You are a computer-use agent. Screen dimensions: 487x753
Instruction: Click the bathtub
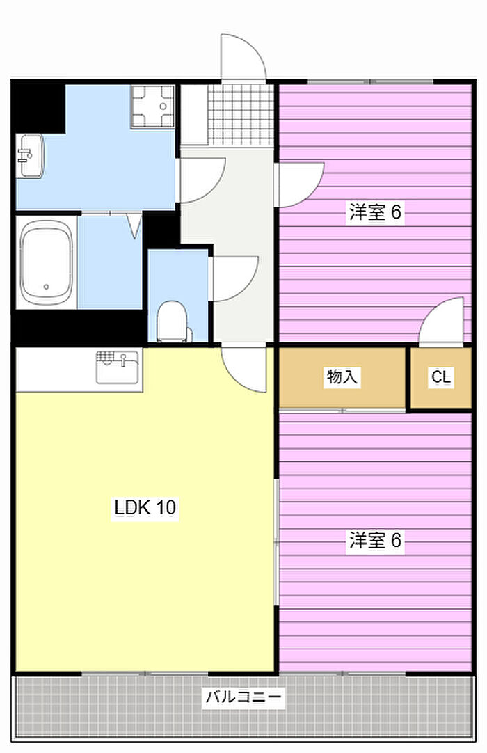[47, 262]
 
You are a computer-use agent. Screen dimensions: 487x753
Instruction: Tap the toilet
[173, 321]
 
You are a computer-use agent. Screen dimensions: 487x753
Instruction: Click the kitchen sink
[117, 367]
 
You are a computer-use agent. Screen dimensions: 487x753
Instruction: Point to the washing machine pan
[153, 106]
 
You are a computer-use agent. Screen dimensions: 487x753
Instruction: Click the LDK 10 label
[145, 507]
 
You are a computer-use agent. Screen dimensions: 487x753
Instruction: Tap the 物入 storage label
[342, 376]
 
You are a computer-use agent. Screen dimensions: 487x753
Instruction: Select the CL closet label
[441, 377]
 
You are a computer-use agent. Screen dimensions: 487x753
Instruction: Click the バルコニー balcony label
[243, 697]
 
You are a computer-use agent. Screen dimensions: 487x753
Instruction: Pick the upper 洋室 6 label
[375, 212]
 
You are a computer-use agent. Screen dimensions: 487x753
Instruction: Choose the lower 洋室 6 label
[375, 540]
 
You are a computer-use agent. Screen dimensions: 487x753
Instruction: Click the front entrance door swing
[243, 56]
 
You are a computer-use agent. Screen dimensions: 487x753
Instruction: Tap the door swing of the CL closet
[442, 321]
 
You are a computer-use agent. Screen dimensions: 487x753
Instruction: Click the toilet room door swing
[235, 279]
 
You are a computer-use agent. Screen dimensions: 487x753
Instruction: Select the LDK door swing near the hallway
[244, 369]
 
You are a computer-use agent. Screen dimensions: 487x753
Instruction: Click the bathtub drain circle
[46, 287]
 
